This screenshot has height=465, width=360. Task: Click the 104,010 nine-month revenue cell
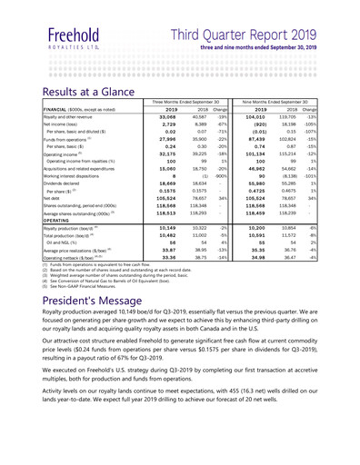point(276,117)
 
